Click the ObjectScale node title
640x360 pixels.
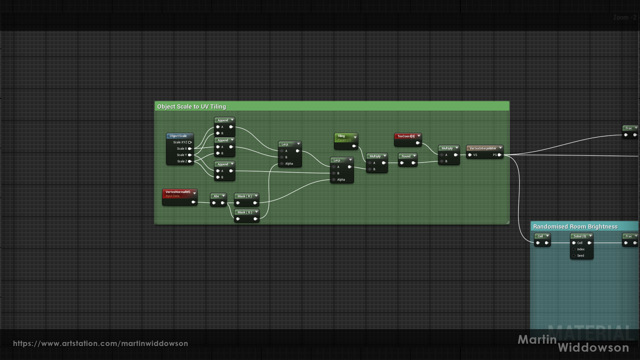point(178,136)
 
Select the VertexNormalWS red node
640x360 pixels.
point(178,192)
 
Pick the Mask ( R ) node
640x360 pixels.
point(244,196)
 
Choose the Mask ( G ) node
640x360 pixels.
point(244,212)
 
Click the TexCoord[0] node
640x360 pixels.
point(406,136)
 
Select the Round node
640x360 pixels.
point(406,156)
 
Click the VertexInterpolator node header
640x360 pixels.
point(483,148)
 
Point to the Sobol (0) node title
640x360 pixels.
point(579,236)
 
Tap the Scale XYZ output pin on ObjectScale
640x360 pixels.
point(190,142)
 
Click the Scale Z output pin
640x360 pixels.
point(190,161)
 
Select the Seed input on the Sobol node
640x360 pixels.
point(580,255)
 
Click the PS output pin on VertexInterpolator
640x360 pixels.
point(499,155)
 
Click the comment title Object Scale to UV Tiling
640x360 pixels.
point(191,106)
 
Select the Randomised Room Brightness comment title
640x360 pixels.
point(575,226)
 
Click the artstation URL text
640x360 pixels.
point(100,343)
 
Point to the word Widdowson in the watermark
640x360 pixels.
point(593,347)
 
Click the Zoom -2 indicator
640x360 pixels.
point(624,17)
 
